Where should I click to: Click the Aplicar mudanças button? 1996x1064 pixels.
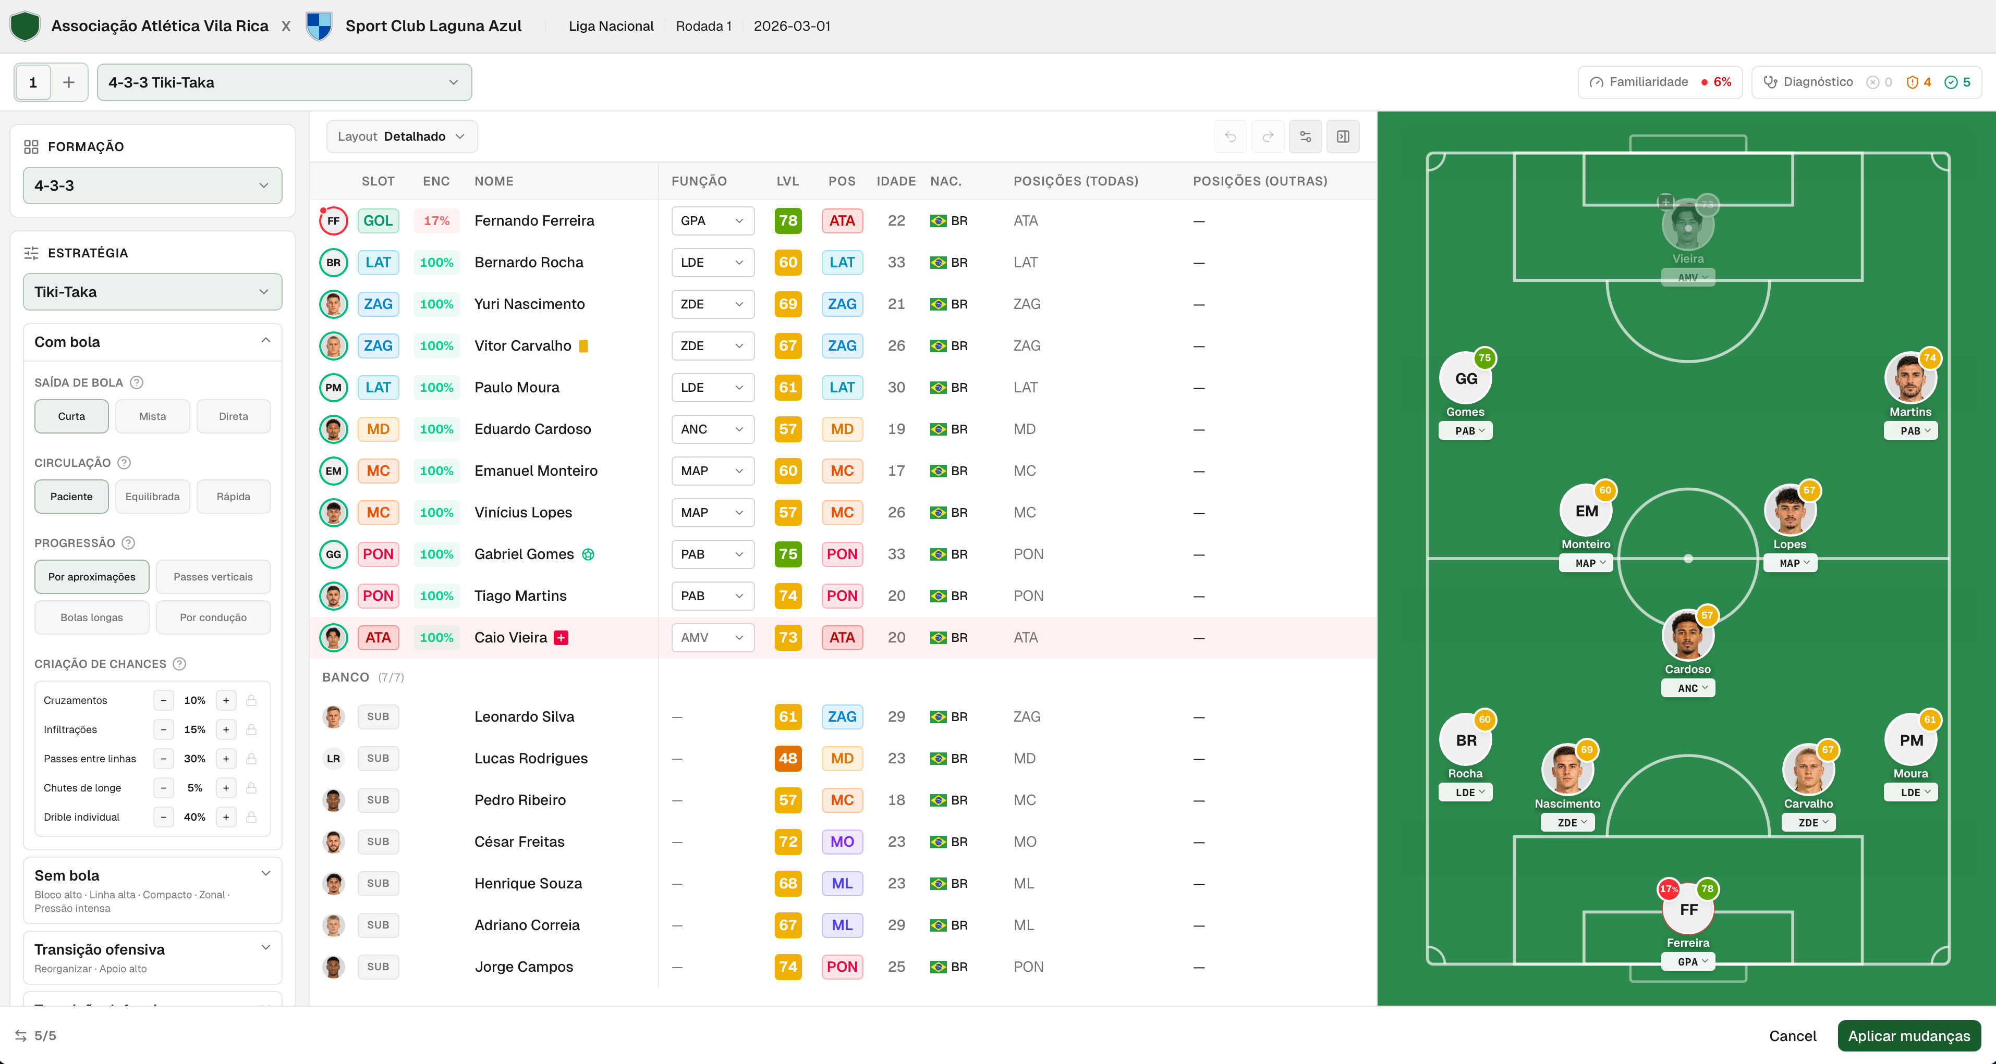point(1908,1035)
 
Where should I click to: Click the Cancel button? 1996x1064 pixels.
point(1792,1035)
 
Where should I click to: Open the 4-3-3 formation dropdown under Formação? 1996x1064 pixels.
point(153,186)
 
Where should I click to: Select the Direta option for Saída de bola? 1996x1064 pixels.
point(233,417)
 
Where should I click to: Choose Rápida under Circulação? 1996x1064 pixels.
point(233,497)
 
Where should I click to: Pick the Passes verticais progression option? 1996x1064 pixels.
point(213,577)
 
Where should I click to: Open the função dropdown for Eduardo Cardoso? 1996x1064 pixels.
point(712,429)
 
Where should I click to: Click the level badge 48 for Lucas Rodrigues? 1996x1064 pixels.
point(788,758)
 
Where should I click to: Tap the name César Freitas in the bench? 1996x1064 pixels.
point(519,842)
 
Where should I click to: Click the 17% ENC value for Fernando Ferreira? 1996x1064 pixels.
point(436,221)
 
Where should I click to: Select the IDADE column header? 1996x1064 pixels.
point(896,181)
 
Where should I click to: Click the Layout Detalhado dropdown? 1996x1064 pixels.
point(401,137)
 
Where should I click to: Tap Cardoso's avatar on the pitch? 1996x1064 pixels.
point(1688,637)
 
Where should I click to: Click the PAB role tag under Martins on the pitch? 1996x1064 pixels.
point(1910,430)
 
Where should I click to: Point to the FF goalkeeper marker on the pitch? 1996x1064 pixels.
point(1688,909)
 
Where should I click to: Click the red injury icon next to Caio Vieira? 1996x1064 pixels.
point(562,637)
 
